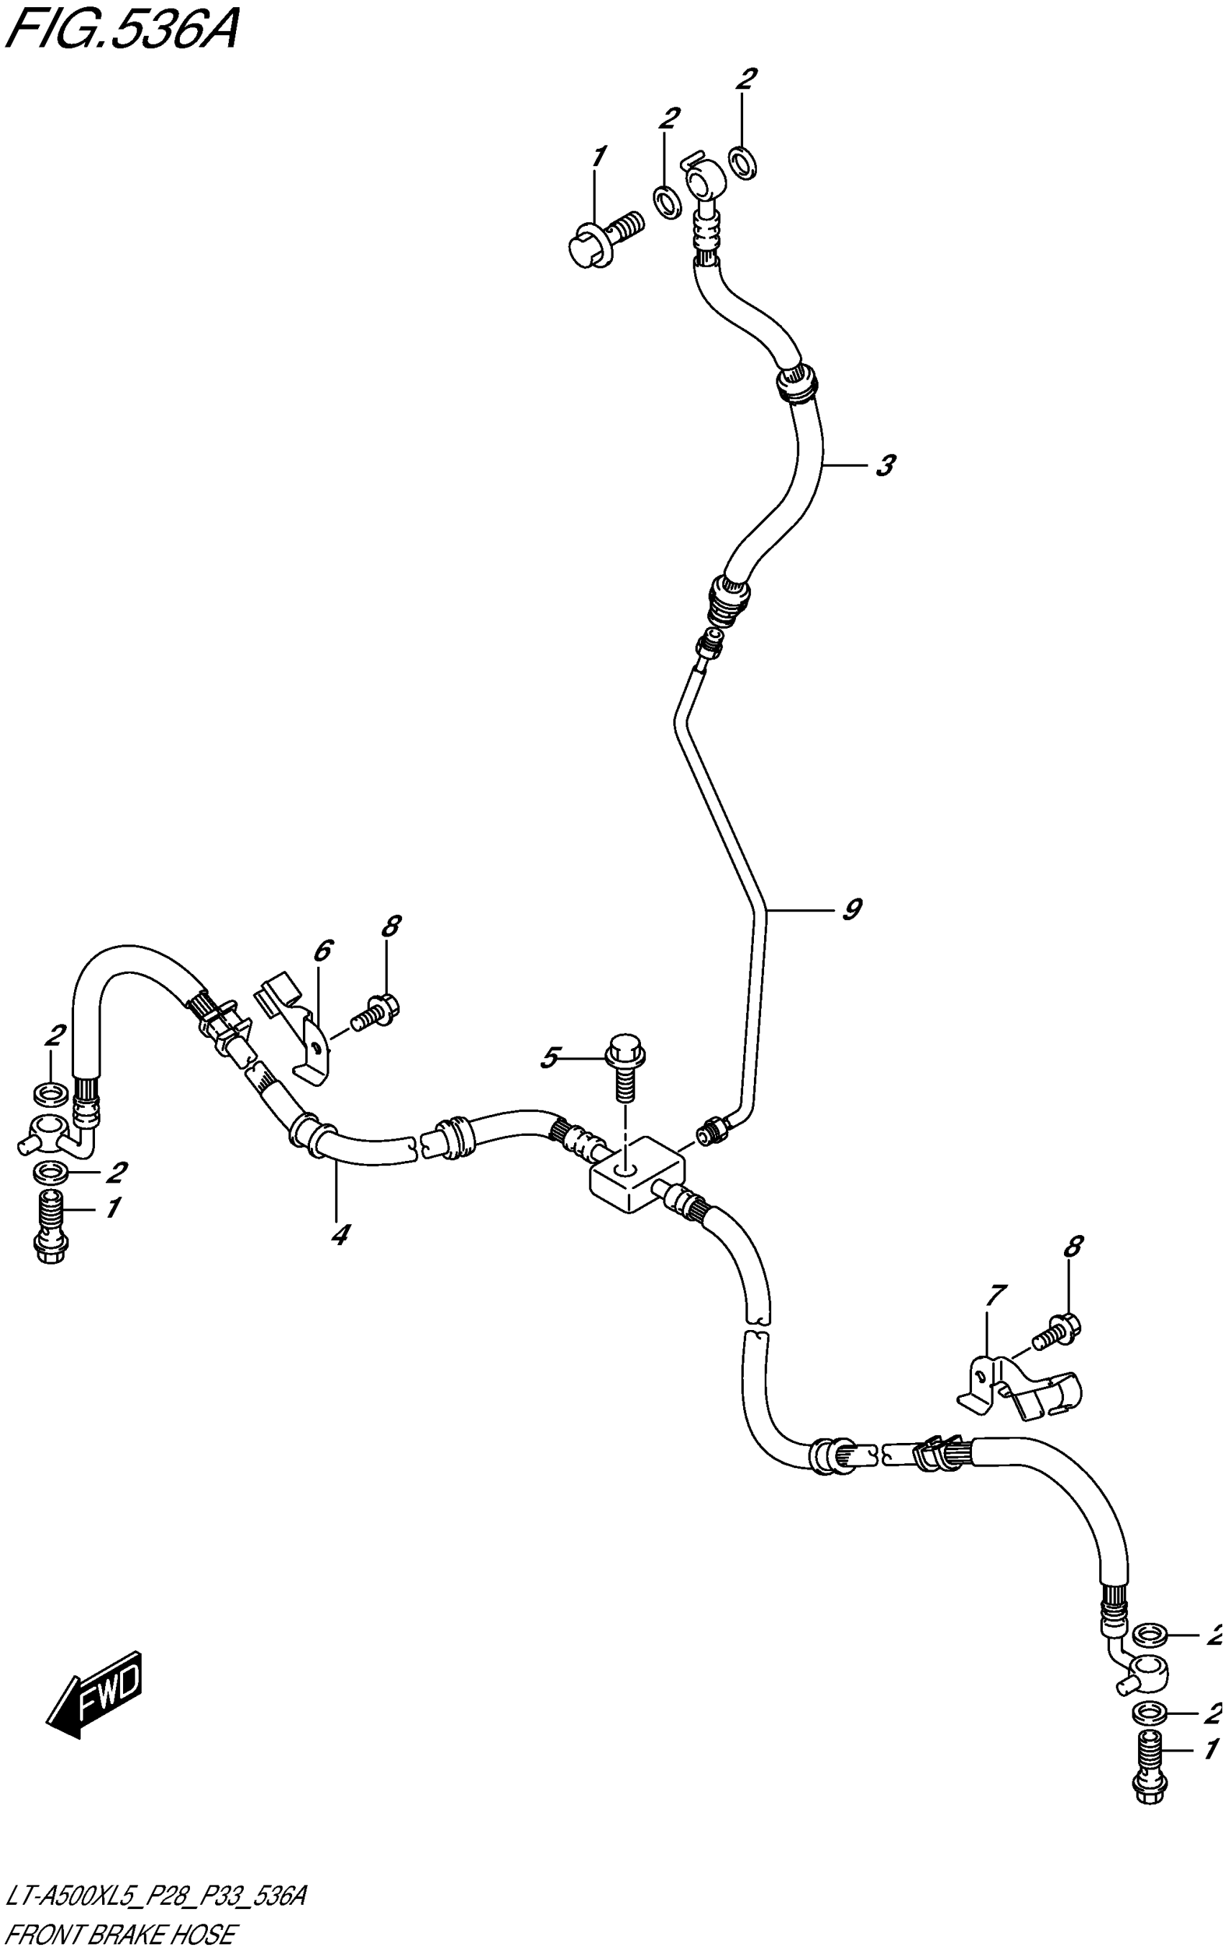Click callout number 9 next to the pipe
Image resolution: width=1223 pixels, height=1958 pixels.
tap(851, 910)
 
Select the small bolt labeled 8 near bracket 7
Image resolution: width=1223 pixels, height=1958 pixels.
tap(1055, 1334)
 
